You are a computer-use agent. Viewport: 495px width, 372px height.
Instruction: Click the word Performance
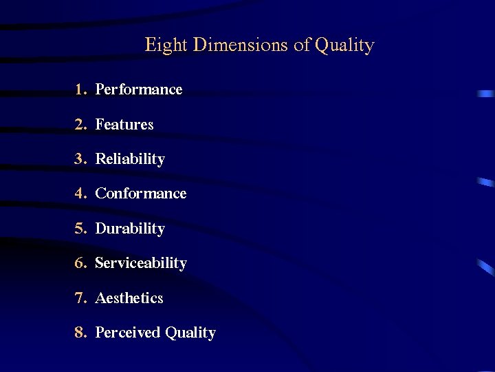139,90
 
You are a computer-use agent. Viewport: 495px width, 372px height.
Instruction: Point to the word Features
124,125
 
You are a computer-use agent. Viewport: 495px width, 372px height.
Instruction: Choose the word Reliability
130,159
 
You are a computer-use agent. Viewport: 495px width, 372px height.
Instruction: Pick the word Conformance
141,194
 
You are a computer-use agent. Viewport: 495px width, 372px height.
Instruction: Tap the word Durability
130,229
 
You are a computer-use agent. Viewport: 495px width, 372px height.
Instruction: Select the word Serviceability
141,263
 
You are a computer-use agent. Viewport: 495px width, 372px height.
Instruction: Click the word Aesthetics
129,298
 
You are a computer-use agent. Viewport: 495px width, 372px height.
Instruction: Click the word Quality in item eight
190,333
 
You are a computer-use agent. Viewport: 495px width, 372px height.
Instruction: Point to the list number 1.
80,90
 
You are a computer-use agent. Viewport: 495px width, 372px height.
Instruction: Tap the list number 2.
80,125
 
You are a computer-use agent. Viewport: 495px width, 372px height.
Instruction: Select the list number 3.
80,159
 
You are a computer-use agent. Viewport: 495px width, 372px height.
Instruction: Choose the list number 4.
80,194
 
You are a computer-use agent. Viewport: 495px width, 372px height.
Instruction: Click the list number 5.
80,229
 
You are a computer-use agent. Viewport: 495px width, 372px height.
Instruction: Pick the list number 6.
80,263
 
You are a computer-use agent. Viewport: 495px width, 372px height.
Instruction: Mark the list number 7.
80,298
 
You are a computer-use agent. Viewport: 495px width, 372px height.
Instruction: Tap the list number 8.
80,333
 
